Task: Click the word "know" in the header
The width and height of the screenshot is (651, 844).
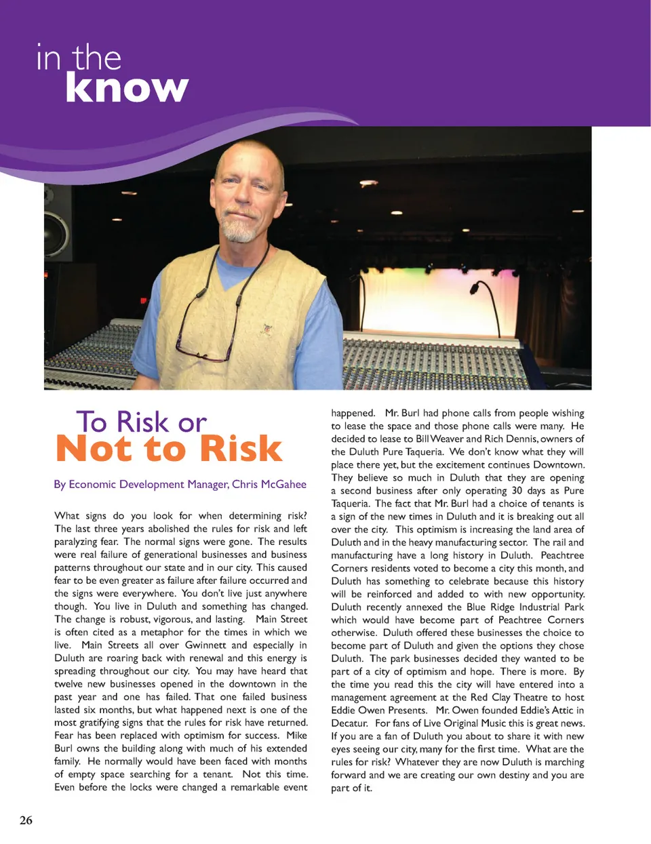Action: click(127, 89)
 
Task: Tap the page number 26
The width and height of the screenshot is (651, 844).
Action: click(26, 820)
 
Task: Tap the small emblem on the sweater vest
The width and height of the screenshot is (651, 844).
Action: click(267, 329)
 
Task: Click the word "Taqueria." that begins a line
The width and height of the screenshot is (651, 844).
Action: click(351, 504)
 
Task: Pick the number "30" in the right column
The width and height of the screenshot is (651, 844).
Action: click(517, 491)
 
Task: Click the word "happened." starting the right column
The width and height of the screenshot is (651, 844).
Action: click(353, 413)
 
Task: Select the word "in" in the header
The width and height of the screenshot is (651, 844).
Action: click(48, 58)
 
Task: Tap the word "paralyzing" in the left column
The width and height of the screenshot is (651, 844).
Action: click(77, 542)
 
